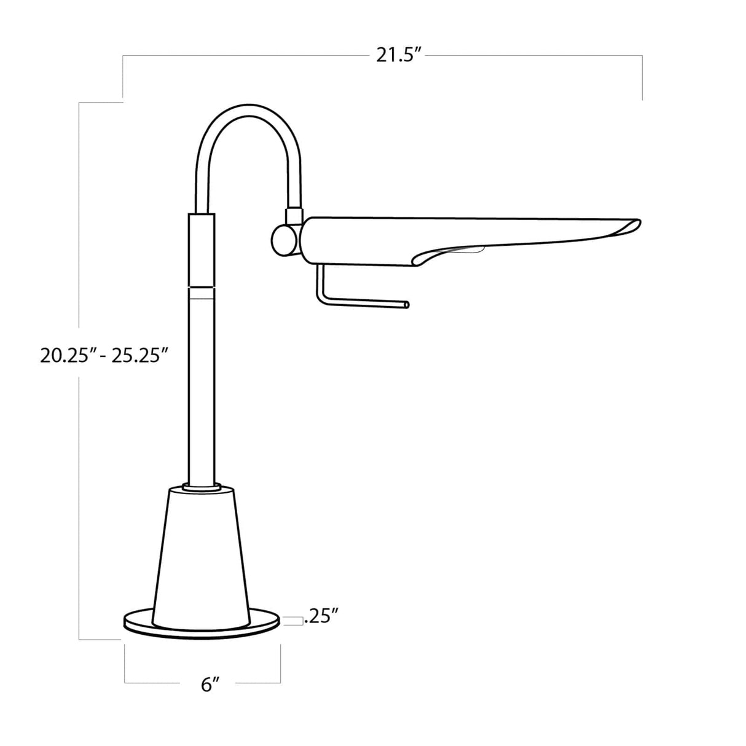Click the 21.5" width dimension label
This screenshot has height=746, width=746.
(x=398, y=56)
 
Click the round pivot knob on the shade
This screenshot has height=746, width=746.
(x=283, y=240)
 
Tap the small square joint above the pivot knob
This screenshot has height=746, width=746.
(x=293, y=216)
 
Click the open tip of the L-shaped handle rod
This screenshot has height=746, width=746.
(x=406, y=304)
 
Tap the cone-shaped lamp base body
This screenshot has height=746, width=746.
(x=203, y=553)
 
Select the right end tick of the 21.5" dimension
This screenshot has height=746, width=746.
(x=642, y=77)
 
